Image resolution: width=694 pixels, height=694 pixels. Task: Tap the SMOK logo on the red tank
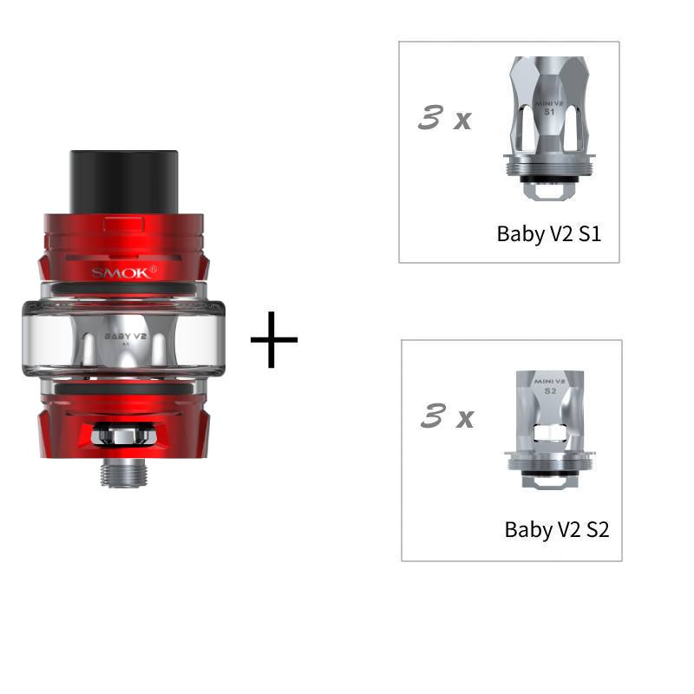pyautogui.click(x=124, y=272)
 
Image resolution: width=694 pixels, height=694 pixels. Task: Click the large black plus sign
pyautogui.click(x=274, y=338)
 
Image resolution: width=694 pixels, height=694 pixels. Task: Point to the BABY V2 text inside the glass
pyautogui.click(x=123, y=332)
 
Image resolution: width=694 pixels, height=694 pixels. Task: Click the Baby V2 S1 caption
pyautogui.click(x=548, y=233)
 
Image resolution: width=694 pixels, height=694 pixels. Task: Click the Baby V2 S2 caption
pyautogui.click(x=557, y=529)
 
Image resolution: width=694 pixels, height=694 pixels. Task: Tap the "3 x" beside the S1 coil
pyautogui.click(x=444, y=119)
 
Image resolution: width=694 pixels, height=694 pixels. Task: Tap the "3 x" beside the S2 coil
pyautogui.click(x=447, y=418)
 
